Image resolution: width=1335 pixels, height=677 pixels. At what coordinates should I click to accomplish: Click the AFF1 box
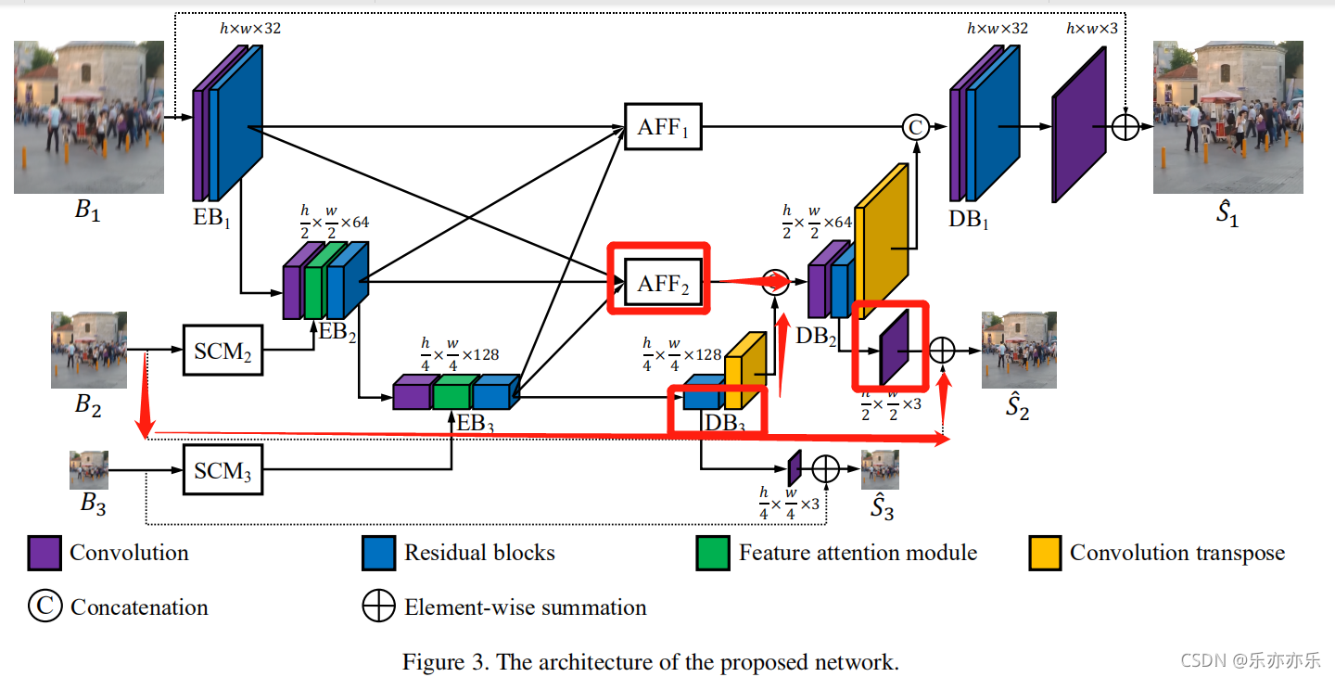coord(663,127)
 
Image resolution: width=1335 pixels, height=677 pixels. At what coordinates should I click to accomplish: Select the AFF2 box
coord(663,284)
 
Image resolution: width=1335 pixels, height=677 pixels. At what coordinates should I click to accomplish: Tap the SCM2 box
coord(222,351)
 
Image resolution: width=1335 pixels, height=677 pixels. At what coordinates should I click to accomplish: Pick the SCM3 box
coord(222,471)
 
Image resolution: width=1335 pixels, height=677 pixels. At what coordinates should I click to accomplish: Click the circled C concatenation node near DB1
coord(915,128)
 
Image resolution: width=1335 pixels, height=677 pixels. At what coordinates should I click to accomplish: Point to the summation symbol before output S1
coord(1125,127)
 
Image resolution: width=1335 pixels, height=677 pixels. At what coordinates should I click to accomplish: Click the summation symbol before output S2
coord(942,350)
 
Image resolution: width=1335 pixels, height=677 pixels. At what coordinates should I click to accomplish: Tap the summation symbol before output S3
coord(825,468)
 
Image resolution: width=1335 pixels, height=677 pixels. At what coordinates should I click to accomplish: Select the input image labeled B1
coord(89,117)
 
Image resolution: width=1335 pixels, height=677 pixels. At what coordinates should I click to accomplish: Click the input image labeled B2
coord(89,351)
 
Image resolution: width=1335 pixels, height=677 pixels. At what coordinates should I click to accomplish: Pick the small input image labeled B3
coord(89,469)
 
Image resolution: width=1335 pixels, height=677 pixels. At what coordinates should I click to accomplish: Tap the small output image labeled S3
coord(879,469)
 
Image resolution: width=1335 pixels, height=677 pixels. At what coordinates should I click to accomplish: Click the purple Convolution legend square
coord(44,554)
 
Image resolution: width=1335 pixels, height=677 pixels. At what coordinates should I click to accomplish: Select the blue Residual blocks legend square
coord(379,554)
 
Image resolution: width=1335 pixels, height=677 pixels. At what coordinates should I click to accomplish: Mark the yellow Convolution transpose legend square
coord(1045,554)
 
